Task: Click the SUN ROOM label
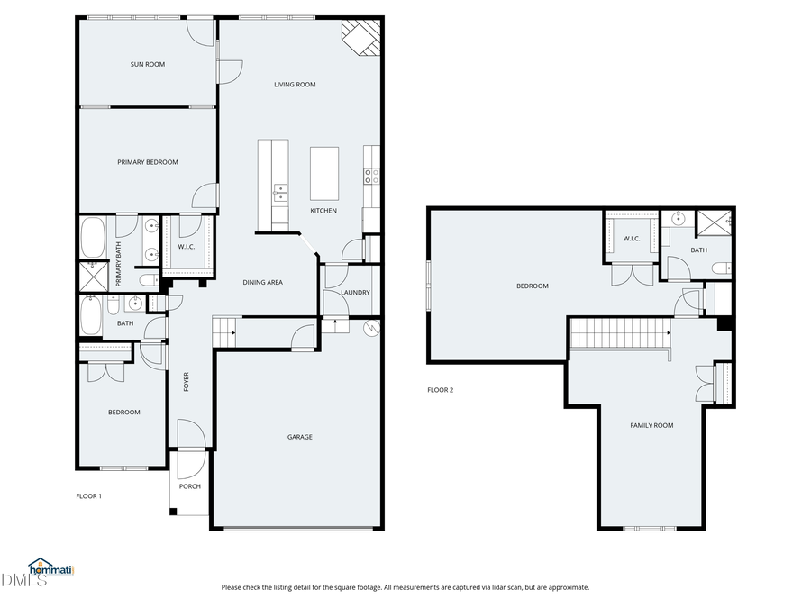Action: pos(147,64)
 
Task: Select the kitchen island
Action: pos(324,174)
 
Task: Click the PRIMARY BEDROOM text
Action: pos(147,162)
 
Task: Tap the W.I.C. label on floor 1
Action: pos(187,247)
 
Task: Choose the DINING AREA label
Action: pos(262,282)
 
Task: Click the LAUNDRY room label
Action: pos(355,293)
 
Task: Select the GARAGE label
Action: pos(300,437)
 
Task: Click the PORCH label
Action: pos(190,487)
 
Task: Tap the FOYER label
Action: pos(187,381)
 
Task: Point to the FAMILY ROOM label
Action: pos(651,425)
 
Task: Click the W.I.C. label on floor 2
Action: pos(631,239)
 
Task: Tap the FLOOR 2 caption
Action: pos(440,390)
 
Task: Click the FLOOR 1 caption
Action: pos(88,495)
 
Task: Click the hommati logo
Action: pos(50,567)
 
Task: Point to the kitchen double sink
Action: pos(281,191)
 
